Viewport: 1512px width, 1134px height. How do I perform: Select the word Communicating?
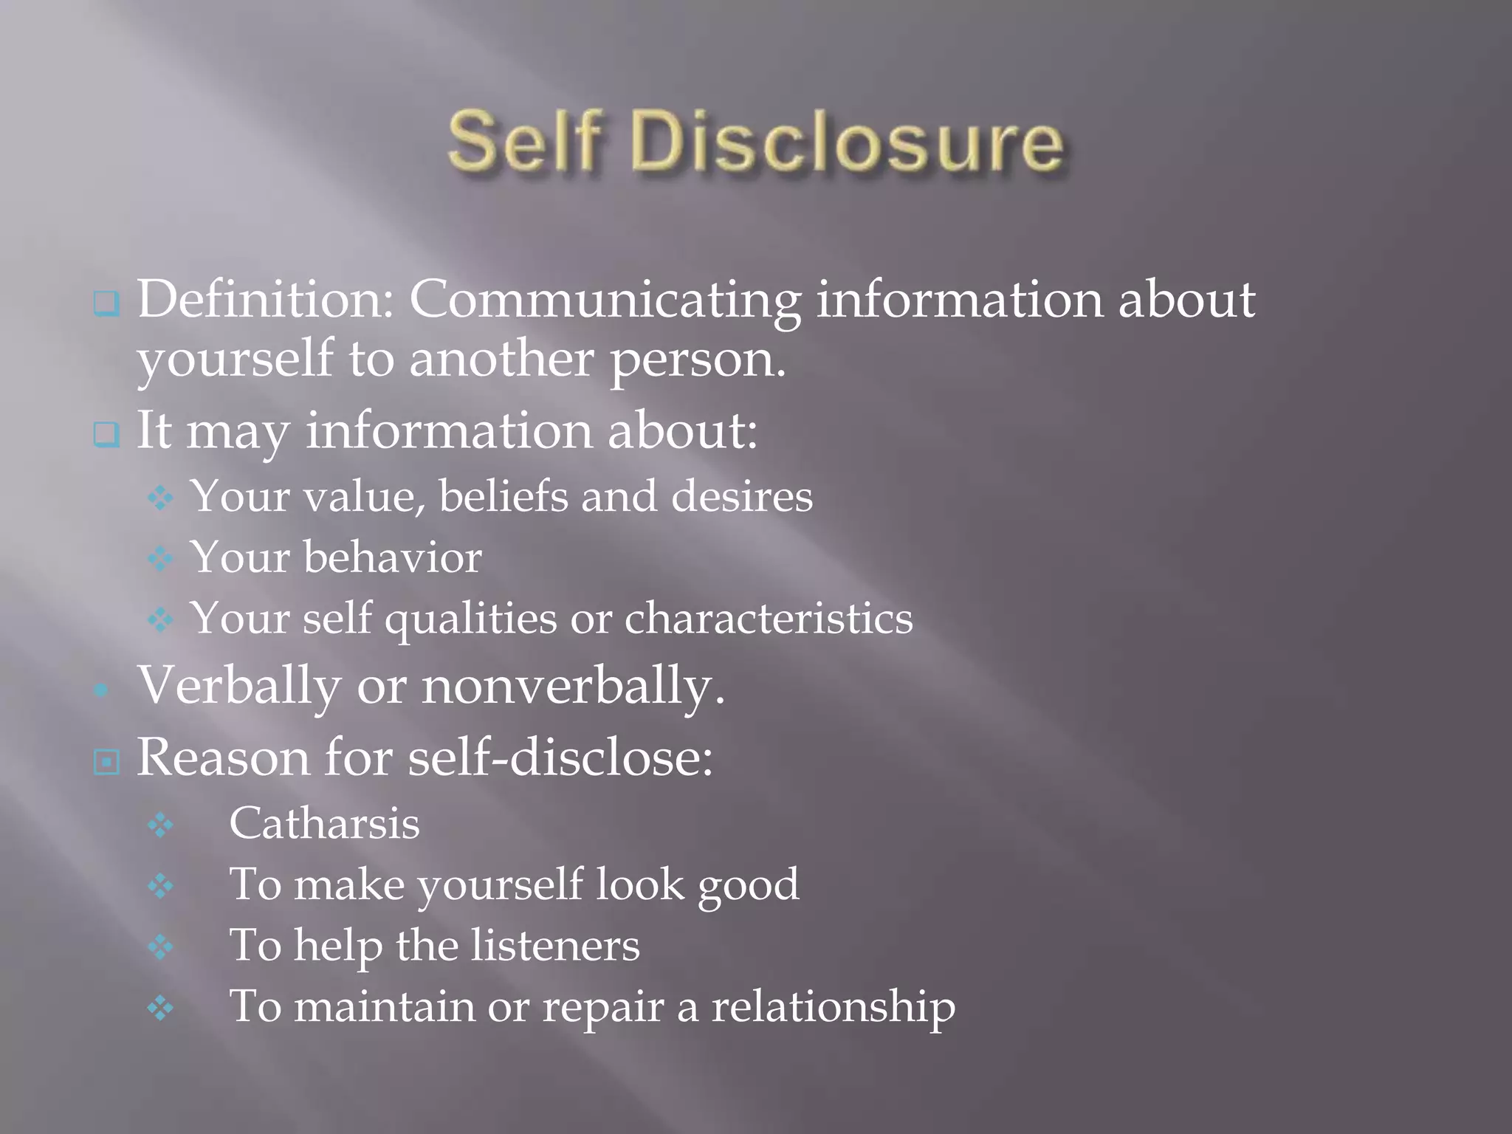point(605,301)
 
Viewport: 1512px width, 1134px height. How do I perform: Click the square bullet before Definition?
point(106,303)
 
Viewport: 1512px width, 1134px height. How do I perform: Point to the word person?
point(696,360)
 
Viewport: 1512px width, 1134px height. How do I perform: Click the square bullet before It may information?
point(106,434)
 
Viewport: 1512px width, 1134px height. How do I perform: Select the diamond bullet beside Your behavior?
point(160,559)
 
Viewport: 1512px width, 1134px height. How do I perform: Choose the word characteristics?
point(769,617)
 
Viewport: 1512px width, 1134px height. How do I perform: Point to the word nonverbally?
point(572,686)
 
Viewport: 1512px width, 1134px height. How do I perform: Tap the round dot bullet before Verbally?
point(102,690)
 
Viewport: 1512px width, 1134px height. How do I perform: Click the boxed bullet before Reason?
point(106,761)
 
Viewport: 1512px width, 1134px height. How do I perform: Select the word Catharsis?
point(324,823)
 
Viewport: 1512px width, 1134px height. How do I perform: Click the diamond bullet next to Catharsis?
point(160,825)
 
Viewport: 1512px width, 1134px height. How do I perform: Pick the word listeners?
point(555,945)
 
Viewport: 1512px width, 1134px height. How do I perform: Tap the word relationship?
point(833,1007)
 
